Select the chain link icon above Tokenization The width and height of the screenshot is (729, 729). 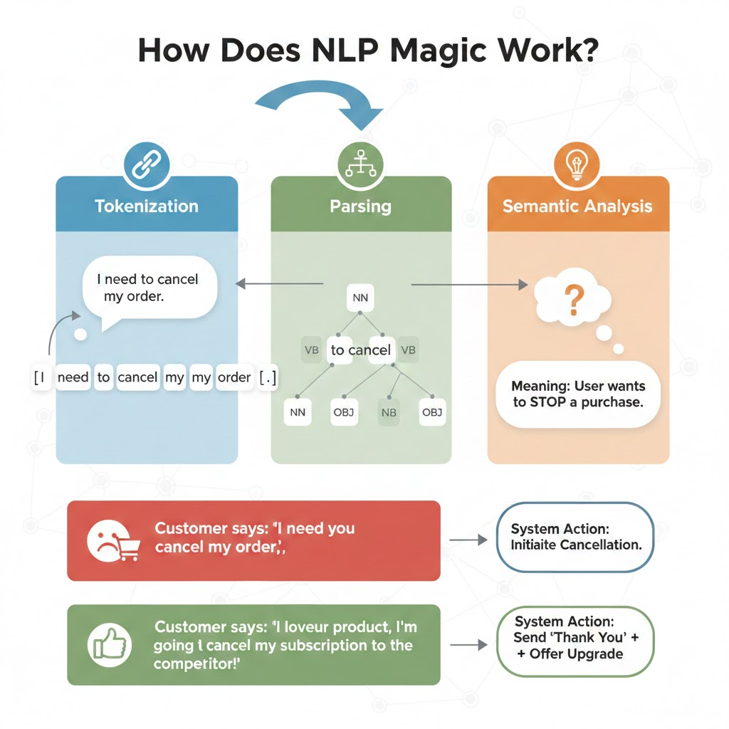[x=146, y=164]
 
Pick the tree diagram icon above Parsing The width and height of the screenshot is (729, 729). [x=361, y=164]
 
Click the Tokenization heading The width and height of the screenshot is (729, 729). [x=147, y=206]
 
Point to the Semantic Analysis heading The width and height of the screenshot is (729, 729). [x=577, y=206]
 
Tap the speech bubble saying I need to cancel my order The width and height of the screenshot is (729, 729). [x=149, y=288]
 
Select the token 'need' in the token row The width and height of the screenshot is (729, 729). [x=73, y=377]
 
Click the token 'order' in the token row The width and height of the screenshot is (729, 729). [x=234, y=377]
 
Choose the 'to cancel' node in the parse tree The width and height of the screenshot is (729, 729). [x=361, y=350]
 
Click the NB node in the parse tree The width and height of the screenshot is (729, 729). [x=389, y=412]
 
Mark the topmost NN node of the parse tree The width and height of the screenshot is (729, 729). [x=360, y=298]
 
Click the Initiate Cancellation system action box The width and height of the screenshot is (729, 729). [x=575, y=537]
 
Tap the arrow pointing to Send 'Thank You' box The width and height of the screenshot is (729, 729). [x=469, y=645]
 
